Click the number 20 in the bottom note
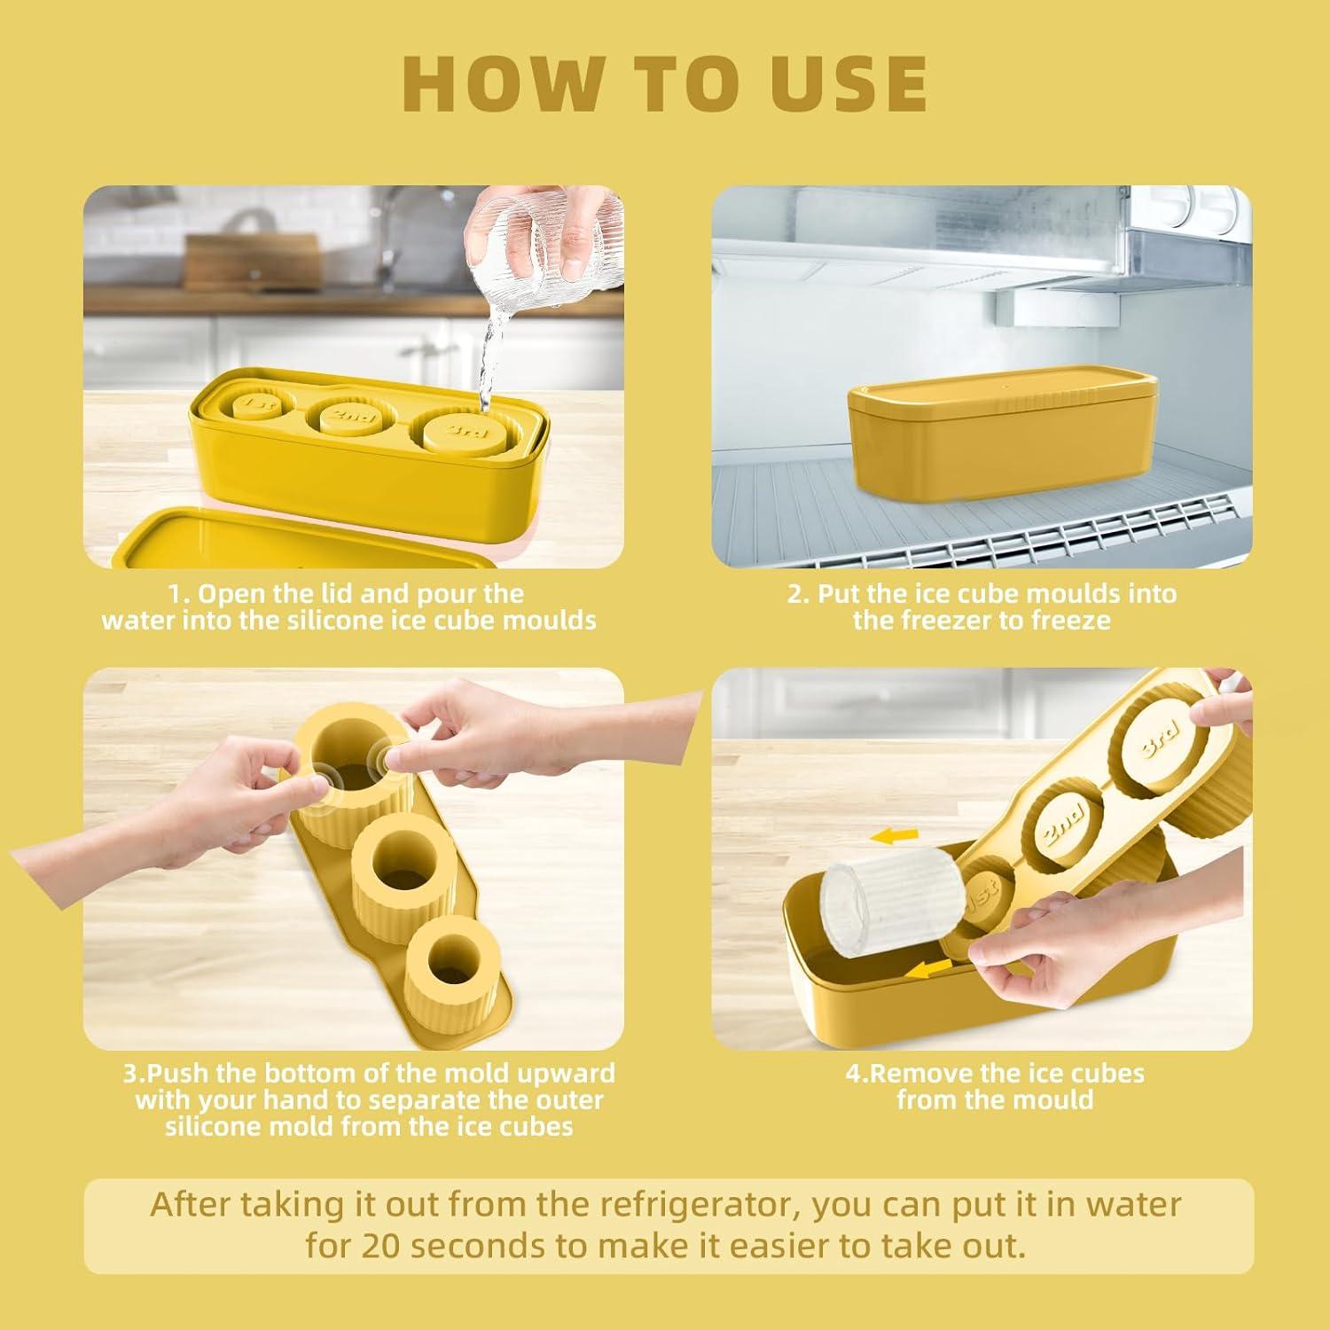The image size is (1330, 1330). pyautogui.click(x=381, y=1245)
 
